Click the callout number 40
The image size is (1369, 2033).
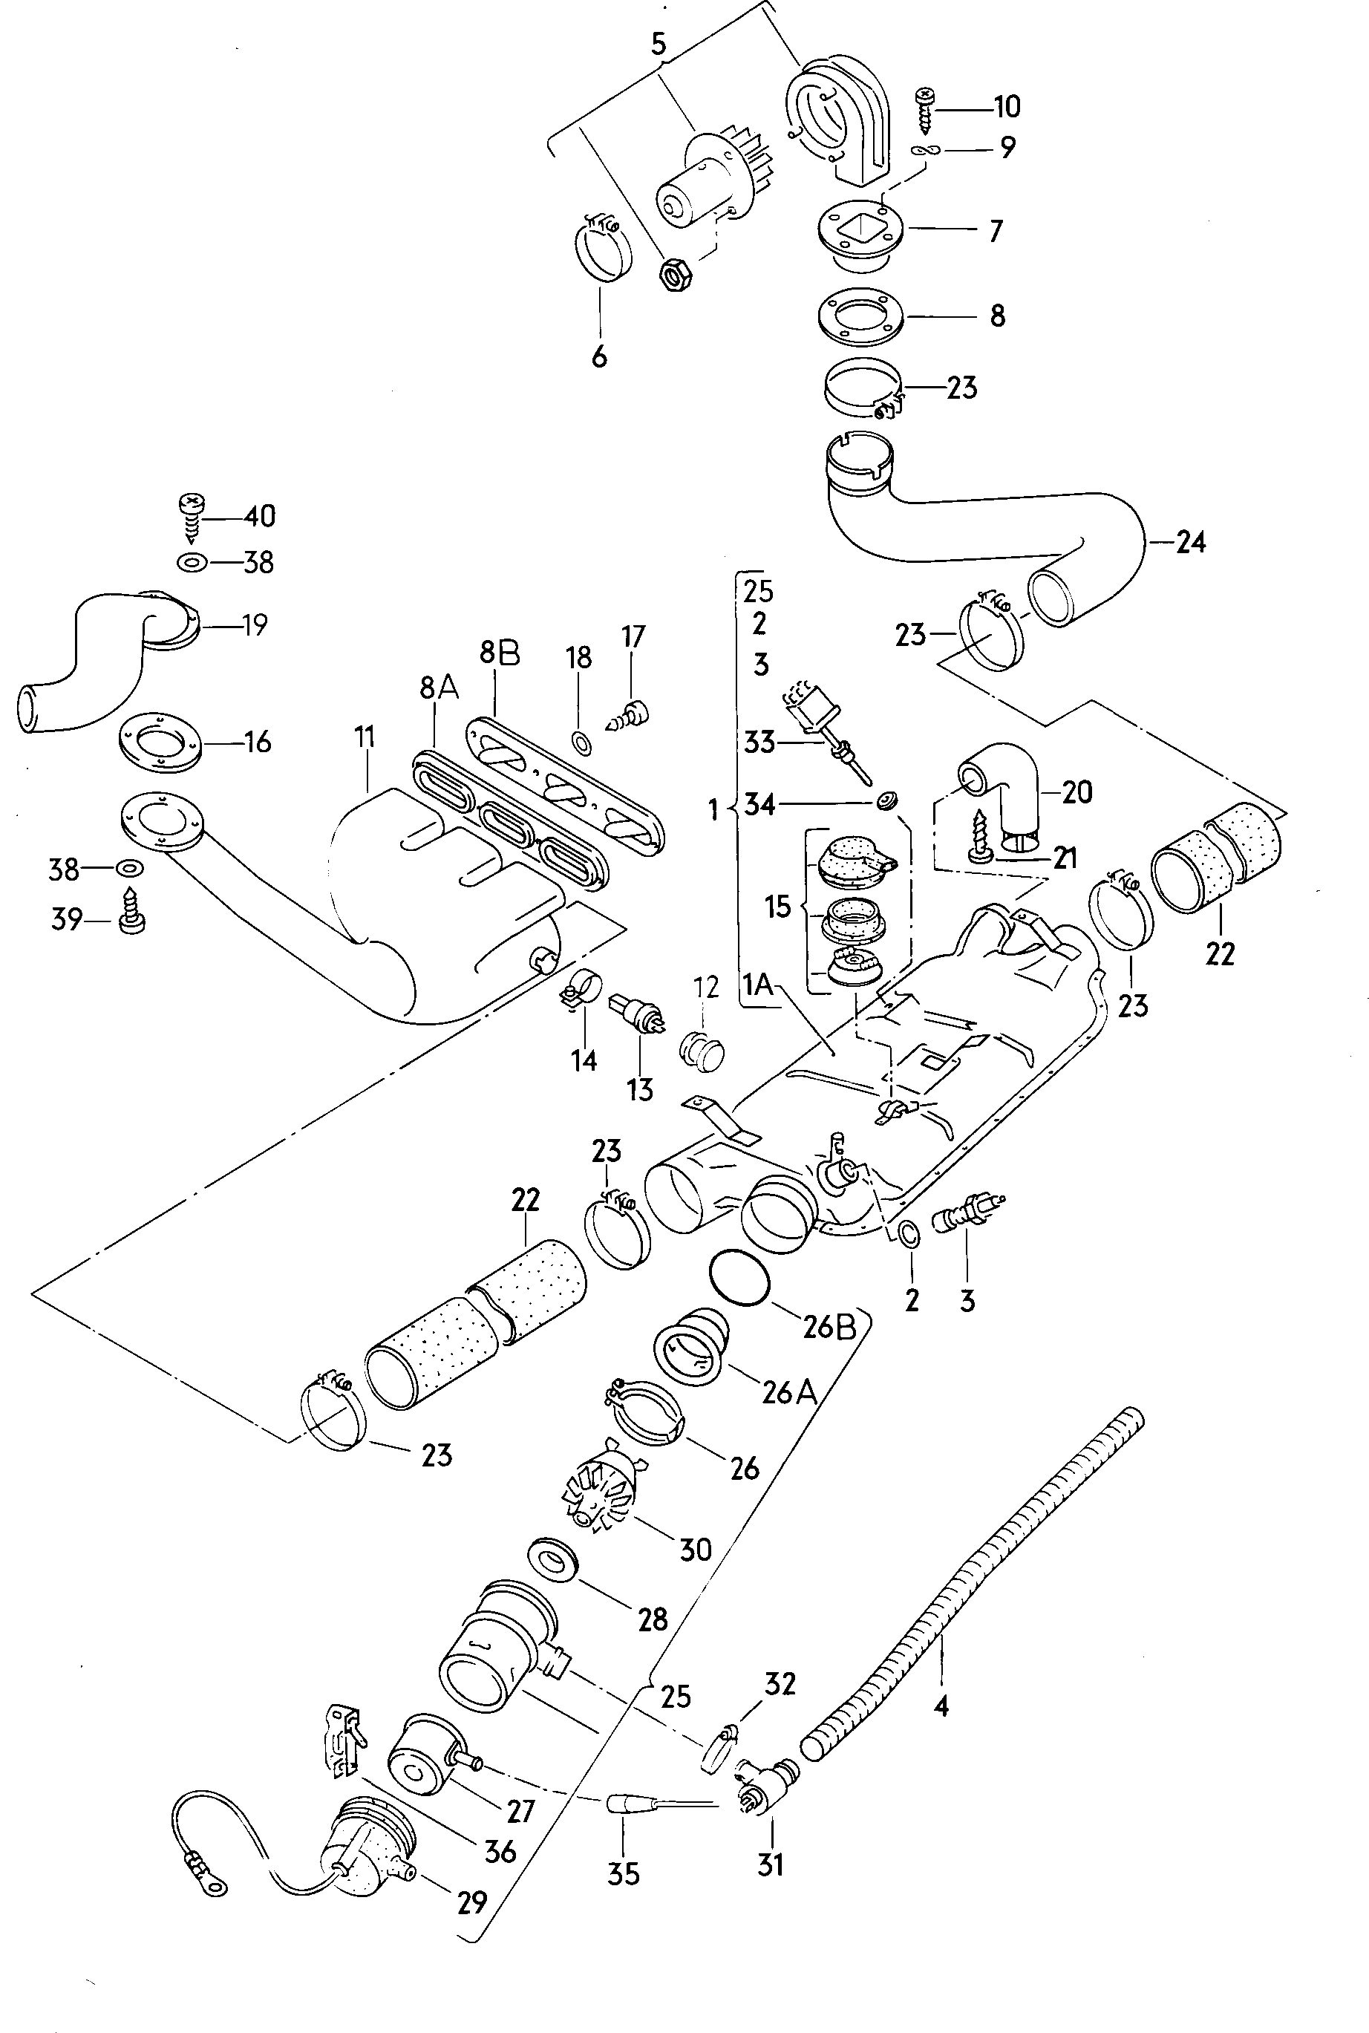pyautogui.click(x=259, y=516)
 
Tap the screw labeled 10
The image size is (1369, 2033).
pyautogui.click(x=924, y=108)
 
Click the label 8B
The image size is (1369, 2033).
pyautogui.click(x=499, y=653)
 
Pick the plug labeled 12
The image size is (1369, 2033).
pyautogui.click(x=701, y=1049)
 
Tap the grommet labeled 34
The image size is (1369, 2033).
pyautogui.click(x=887, y=800)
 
